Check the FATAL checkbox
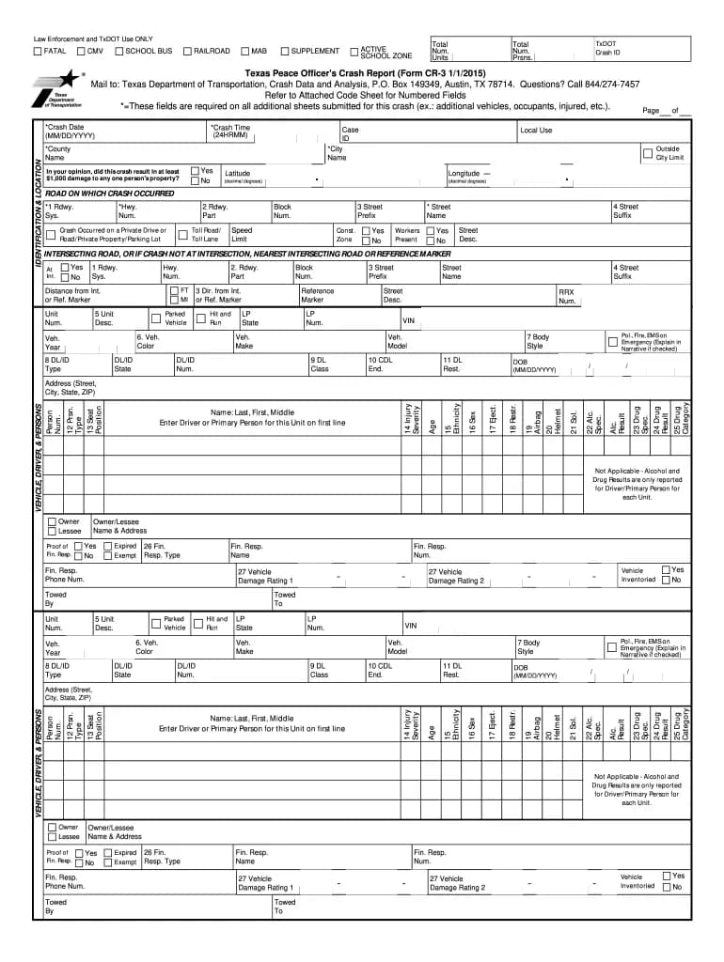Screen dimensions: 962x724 point(38,52)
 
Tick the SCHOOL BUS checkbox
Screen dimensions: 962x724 point(118,52)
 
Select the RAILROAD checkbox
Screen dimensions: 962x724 point(187,52)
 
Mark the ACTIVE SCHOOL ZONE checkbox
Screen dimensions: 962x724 point(354,53)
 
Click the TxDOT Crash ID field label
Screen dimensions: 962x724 point(607,48)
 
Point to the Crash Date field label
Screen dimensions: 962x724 point(64,132)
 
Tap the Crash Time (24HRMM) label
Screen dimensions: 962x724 point(230,132)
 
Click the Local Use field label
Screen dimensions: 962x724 point(536,131)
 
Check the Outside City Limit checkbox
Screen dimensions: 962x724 point(647,152)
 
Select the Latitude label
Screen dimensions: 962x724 point(237,174)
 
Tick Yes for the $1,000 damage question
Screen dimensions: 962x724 point(194,171)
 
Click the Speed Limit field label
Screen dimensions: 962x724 point(242,235)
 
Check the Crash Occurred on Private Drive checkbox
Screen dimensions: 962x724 point(51,236)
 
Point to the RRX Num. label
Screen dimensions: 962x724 point(566,297)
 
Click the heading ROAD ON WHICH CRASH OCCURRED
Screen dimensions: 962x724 point(109,193)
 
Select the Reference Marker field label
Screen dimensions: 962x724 point(317,296)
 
